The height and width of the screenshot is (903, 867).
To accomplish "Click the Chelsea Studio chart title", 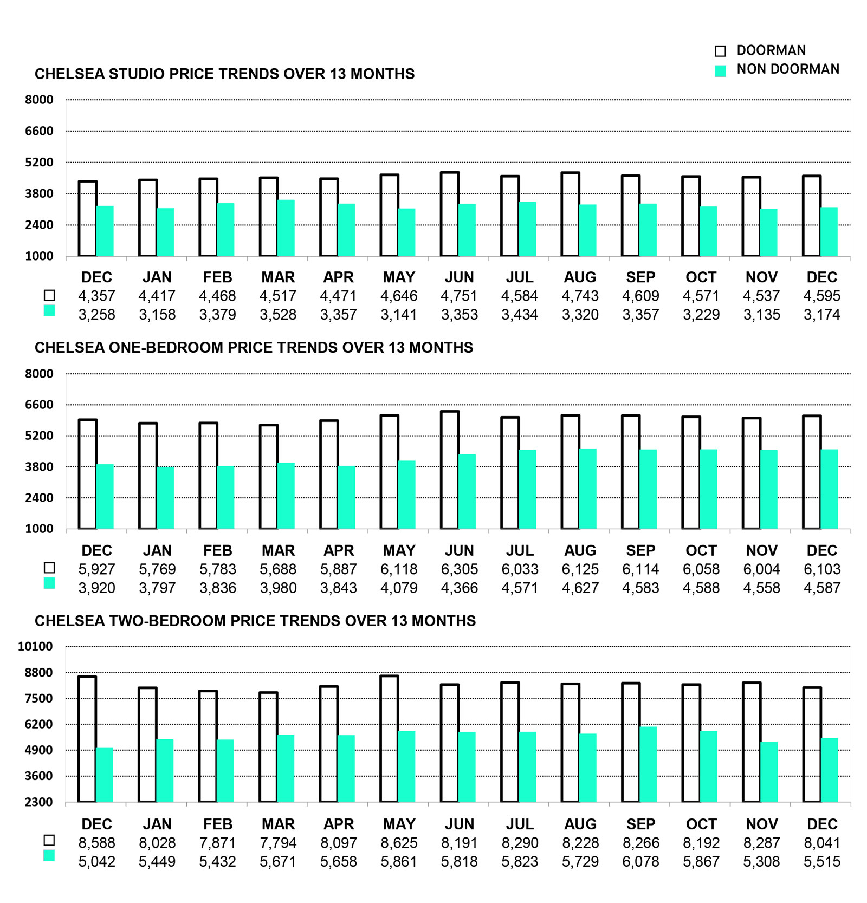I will (x=224, y=74).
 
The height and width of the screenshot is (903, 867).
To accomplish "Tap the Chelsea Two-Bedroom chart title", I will (x=255, y=621).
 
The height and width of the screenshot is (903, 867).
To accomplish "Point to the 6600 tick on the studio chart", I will (x=39, y=131).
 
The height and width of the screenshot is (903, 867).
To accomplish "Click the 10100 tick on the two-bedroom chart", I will (x=35, y=646).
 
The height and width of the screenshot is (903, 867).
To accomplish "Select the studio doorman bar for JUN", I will (x=450, y=214).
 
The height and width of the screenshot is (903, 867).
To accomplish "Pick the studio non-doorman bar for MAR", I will (x=286, y=228).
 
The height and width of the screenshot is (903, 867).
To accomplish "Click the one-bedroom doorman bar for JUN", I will (x=450, y=470).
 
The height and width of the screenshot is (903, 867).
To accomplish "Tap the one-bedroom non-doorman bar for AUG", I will (x=588, y=489).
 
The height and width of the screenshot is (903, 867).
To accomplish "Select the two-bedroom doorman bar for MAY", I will (x=389, y=739).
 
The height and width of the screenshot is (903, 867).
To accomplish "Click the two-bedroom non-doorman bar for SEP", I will (x=648, y=764).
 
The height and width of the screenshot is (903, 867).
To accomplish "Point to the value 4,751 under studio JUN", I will (x=459, y=296).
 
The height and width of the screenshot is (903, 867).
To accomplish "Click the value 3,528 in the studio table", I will (x=278, y=315).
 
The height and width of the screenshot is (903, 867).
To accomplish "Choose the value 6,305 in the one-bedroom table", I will (x=459, y=569).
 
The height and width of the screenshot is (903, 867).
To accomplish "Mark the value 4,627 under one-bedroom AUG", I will (x=580, y=588).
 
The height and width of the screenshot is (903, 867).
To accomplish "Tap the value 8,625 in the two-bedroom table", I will (x=399, y=843).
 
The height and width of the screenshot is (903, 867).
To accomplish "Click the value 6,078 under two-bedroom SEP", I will (x=640, y=862).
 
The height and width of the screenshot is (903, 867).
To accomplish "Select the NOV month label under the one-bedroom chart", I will (x=761, y=551).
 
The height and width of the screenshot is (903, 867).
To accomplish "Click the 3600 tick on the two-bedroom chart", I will (x=39, y=776).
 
